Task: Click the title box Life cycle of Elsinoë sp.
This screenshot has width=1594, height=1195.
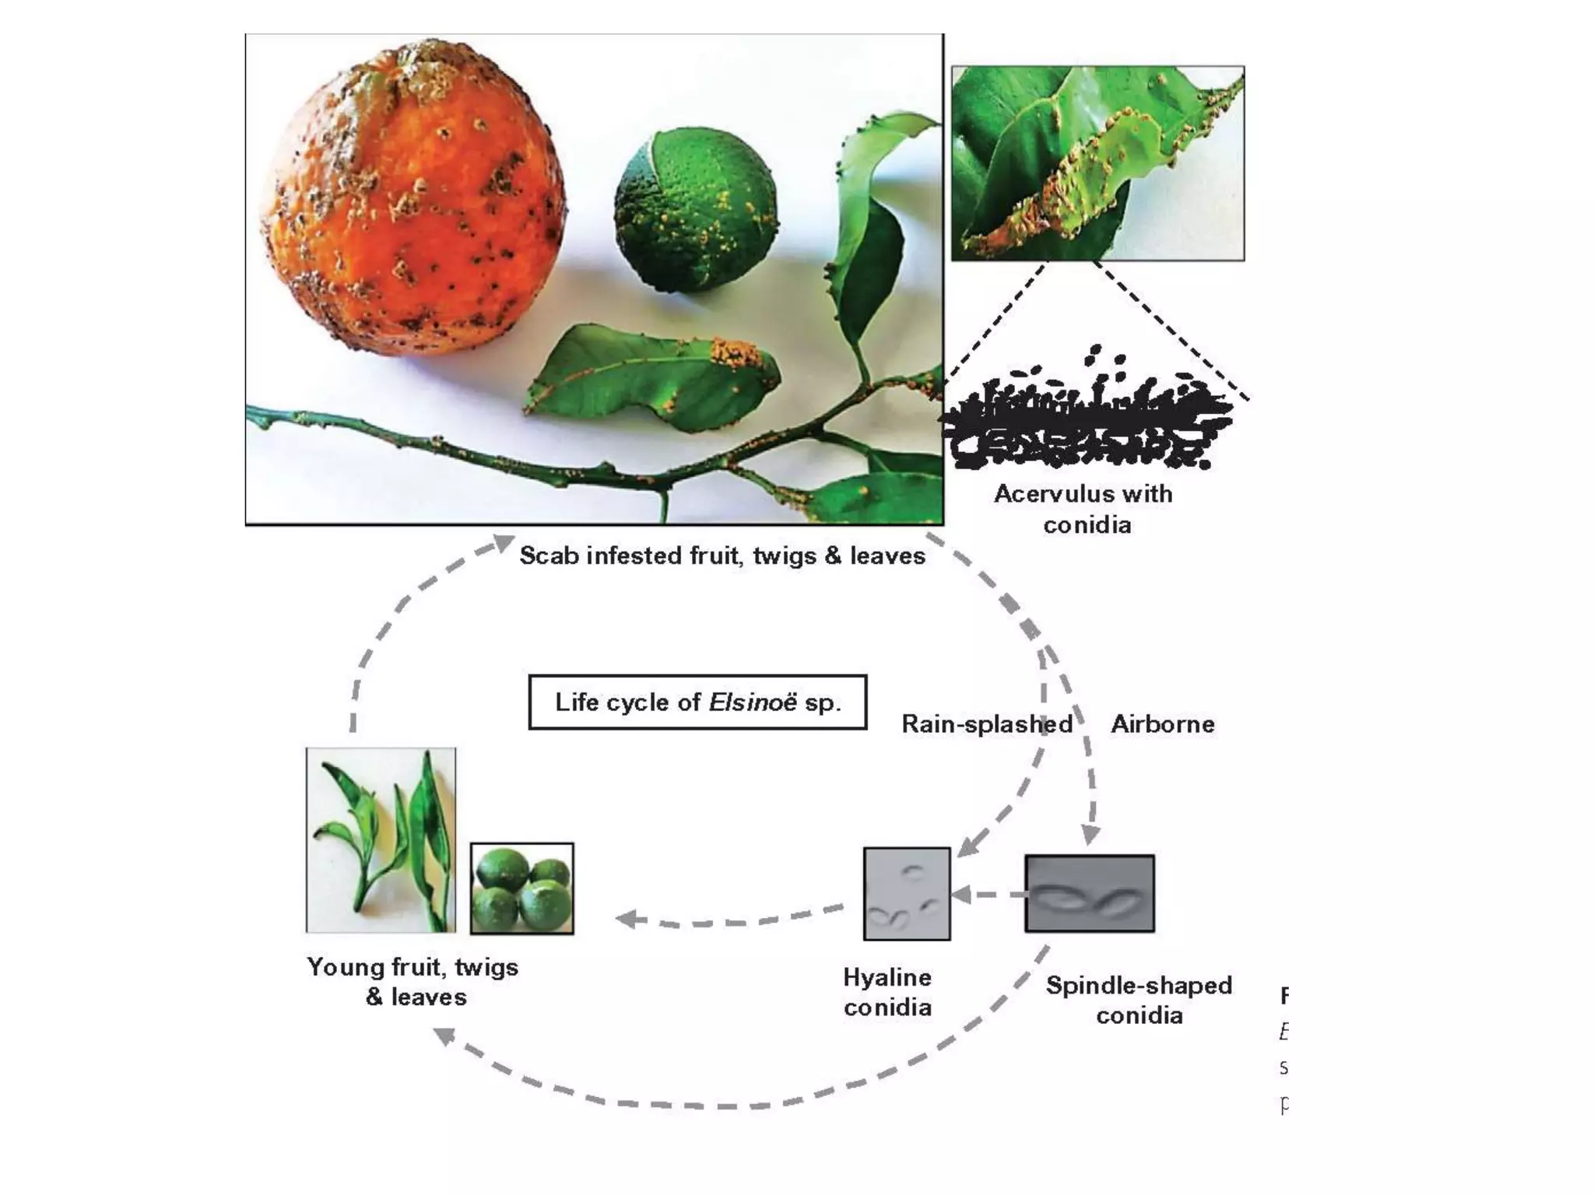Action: click(697, 702)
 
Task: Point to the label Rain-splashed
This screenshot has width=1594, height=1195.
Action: click(986, 724)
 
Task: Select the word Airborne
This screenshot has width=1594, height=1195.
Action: click(1162, 724)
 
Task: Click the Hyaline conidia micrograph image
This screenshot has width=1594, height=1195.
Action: click(907, 893)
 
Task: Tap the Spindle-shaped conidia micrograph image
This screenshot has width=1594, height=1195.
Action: click(1089, 893)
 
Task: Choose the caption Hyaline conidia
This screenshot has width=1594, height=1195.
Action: click(887, 992)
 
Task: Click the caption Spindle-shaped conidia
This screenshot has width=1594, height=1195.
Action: click(1139, 1000)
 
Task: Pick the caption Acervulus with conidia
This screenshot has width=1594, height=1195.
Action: click(1084, 509)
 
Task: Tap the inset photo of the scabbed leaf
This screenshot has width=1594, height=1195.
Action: click(1097, 163)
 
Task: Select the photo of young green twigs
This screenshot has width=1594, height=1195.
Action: click(381, 840)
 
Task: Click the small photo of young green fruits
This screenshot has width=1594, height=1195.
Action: click(522, 888)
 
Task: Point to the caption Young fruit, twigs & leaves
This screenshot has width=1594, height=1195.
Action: click(413, 982)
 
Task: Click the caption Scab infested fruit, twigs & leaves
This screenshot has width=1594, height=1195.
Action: click(722, 555)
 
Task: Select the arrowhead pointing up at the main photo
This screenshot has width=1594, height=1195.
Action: click(503, 542)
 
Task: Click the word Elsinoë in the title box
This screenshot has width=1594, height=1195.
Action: click(752, 702)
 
